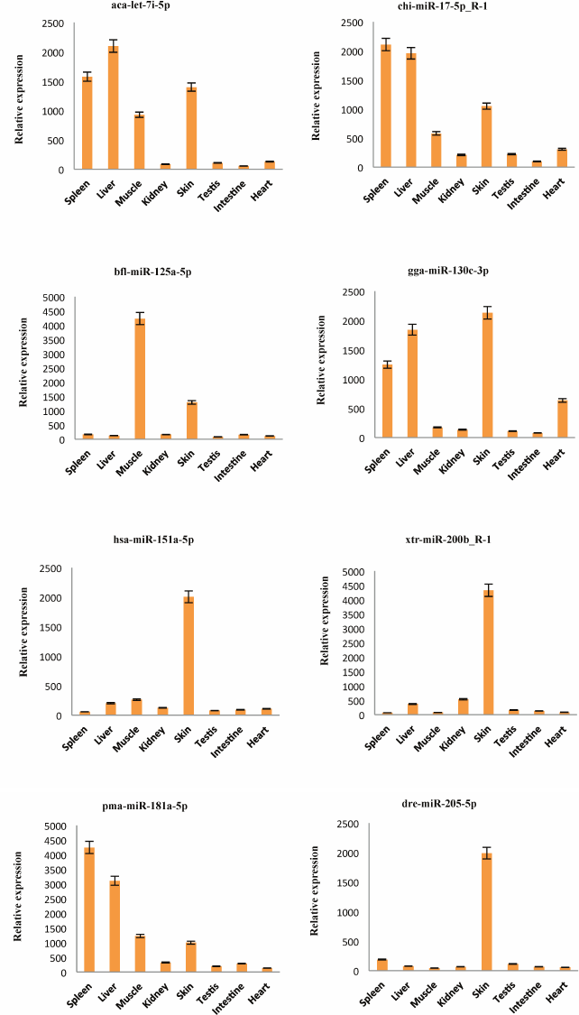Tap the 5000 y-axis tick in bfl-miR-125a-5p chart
click(56, 298)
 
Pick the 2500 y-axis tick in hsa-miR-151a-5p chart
click(50, 569)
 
